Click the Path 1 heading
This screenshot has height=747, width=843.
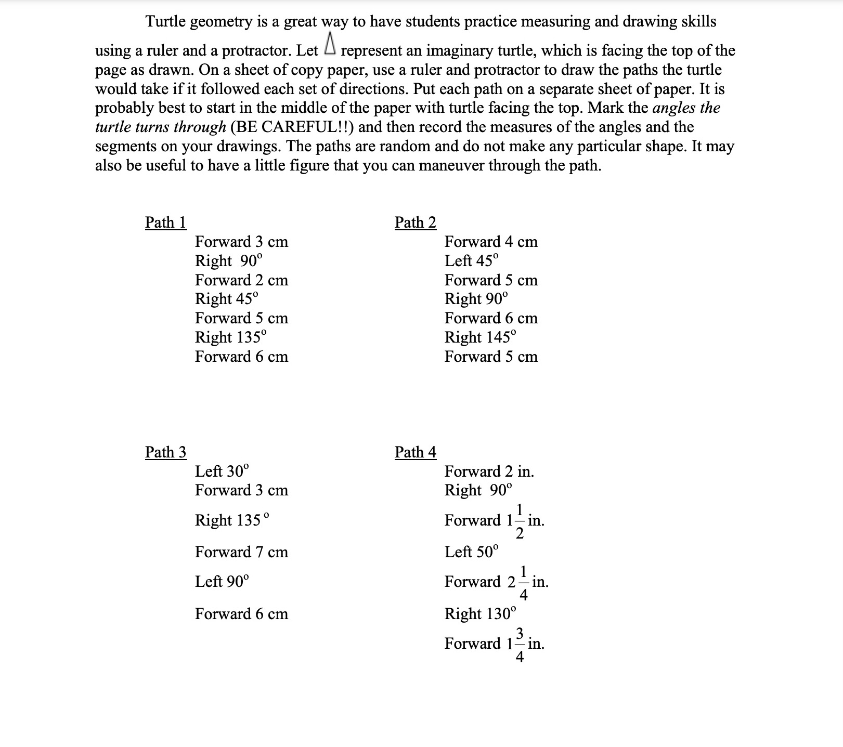point(165,222)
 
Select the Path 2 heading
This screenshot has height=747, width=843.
point(415,222)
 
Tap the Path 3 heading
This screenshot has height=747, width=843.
point(165,452)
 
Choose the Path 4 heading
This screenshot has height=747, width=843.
point(415,452)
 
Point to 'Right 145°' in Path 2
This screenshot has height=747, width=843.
point(481,337)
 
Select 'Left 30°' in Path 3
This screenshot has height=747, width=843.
point(222,471)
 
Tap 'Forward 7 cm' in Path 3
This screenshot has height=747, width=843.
point(241,552)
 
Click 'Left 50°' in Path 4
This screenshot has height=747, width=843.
point(471,552)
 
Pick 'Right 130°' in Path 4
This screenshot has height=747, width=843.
point(481,614)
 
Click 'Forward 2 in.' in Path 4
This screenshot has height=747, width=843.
point(489,471)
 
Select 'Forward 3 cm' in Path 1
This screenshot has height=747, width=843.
point(241,242)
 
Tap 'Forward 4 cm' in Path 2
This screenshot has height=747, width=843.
point(491,242)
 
